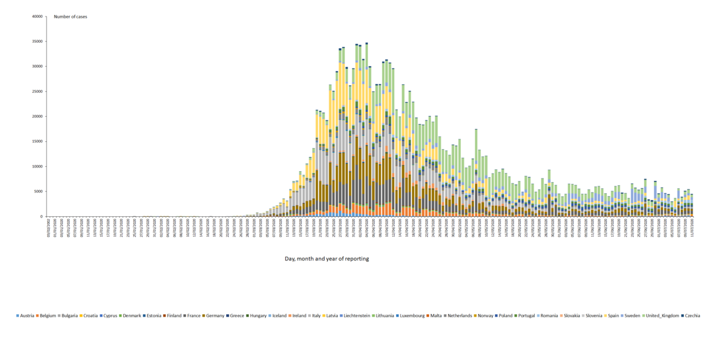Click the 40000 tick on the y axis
tap(39, 17)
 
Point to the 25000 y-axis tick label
tap(39, 92)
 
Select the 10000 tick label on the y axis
tap(39, 166)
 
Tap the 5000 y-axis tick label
tap(40, 191)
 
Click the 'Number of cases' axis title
tap(70, 17)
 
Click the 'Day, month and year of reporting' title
tap(326, 259)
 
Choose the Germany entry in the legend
tap(215, 315)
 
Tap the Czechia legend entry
tap(692, 315)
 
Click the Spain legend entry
tap(615, 315)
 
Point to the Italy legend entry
tap(315, 315)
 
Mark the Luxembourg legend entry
tap(410, 315)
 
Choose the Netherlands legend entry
tap(457, 315)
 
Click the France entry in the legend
tap(192, 315)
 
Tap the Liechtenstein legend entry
tap(354, 315)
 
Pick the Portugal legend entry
tap(525, 315)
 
